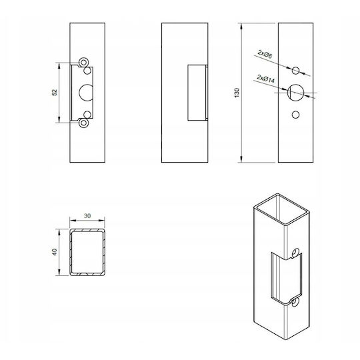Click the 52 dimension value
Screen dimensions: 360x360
[55, 93]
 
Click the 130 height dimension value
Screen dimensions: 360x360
[237, 93]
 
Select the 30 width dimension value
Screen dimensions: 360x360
[87, 216]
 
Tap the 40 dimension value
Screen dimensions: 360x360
[55, 252]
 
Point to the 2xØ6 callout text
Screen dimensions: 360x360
[265, 54]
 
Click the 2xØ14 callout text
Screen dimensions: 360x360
[266, 79]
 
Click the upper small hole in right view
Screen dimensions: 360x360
[296, 71]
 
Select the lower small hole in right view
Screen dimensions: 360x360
[295, 115]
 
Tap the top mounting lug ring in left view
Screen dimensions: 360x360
[79, 63]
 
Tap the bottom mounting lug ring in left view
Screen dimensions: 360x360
[79, 123]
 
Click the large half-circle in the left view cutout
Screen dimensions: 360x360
[79, 93]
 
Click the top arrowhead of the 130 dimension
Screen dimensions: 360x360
[241, 26]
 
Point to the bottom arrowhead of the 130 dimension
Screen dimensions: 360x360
[241, 159]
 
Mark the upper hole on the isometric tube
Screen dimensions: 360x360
[295, 253]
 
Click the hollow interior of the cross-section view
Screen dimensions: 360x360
[87, 252]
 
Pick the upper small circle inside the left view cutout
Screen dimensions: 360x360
[87, 71]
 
